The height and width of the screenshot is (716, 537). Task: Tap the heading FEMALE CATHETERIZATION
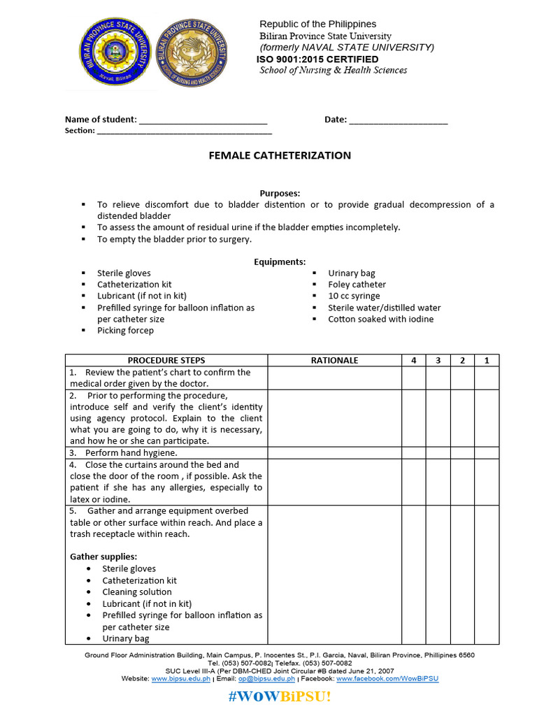coord(280,155)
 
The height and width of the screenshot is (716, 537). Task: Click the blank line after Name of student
coord(203,120)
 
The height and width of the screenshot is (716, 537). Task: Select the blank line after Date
coord(398,120)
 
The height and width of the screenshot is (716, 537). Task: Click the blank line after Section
coord(184,131)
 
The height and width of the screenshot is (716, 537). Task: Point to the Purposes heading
coord(280,193)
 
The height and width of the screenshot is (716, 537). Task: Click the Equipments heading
coord(280,262)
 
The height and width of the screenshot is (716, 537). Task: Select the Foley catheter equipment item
coord(357,285)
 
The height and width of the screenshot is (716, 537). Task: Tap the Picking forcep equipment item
coord(125,330)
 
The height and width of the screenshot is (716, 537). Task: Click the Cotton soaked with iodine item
coord(380,319)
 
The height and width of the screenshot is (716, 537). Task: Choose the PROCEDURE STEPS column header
coord(166,360)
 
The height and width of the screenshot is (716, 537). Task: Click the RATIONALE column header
coord(334,360)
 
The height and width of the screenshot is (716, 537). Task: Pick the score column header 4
coord(413,360)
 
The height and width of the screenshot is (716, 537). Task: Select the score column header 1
coord(487,360)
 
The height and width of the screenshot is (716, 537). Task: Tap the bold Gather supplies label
coord(102,557)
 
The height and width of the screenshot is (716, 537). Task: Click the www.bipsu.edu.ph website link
coord(181,678)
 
